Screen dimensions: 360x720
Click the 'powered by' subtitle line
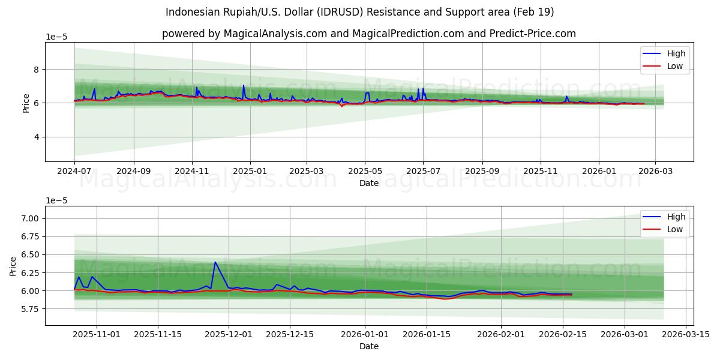[368, 34]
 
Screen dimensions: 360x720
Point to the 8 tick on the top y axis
[35, 70]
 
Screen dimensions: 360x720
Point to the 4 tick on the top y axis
[35, 137]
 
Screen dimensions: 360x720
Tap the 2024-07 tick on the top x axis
[74, 171]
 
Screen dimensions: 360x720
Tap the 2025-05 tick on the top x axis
[365, 171]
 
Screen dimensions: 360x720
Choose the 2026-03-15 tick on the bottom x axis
[686, 334]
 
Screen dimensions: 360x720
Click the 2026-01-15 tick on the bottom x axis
[427, 334]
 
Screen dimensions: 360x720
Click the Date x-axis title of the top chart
[368, 183]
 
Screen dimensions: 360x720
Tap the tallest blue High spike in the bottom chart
[215, 262]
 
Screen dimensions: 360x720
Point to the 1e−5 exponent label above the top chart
[57, 37]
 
